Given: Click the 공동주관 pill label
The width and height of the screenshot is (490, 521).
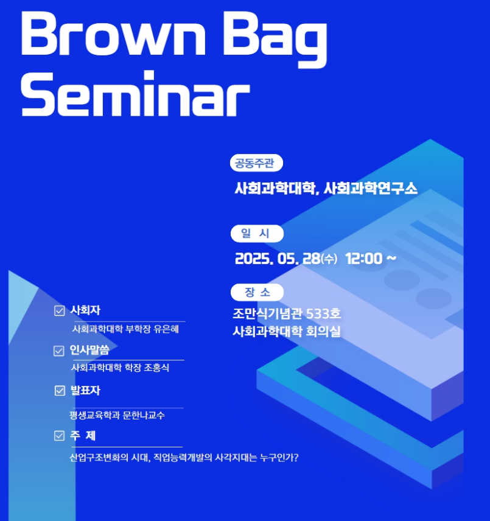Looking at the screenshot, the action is pyautogui.click(x=256, y=163).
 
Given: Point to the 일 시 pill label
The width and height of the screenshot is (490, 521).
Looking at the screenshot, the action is pyautogui.click(x=257, y=233).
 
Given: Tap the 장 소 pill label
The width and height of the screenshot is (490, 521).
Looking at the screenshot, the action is pyautogui.click(x=257, y=292).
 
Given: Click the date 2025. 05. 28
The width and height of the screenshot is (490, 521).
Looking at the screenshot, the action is pyautogui.click(x=278, y=259).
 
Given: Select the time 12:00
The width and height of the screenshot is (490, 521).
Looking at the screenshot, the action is pyautogui.click(x=364, y=259).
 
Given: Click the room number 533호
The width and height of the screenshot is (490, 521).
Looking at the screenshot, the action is pyautogui.click(x=323, y=313).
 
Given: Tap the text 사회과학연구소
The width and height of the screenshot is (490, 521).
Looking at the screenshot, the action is pyautogui.click(x=371, y=189).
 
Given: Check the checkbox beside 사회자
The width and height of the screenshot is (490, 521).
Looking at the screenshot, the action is pyautogui.click(x=60, y=310).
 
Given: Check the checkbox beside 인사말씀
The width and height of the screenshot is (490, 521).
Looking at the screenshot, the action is pyautogui.click(x=59, y=351).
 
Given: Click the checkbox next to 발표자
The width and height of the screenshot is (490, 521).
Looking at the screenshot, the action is pyautogui.click(x=60, y=391).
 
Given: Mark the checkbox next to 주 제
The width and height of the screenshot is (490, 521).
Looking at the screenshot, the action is pyautogui.click(x=59, y=436).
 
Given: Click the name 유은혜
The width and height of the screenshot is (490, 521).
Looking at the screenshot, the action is pyautogui.click(x=166, y=329).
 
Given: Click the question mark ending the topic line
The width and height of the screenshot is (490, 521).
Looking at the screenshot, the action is pyautogui.click(x=296, y=458).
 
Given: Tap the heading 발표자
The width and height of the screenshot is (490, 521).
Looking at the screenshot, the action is pyautogui.click(x=85, y=390).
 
